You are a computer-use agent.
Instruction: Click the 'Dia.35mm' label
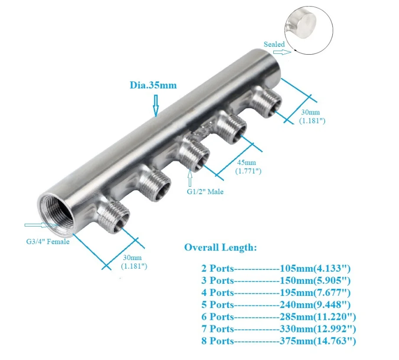coord(153,85)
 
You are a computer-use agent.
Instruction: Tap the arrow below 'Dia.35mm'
coord(156,105)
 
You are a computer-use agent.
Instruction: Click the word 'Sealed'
coord(274,44)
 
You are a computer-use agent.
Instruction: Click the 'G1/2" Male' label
coord(205,191)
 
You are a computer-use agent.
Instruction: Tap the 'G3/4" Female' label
coord(47,241)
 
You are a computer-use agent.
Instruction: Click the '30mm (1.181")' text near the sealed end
coord(312,117)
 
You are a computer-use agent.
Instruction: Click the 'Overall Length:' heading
coord(221,247)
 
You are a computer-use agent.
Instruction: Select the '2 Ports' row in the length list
coord(217,269)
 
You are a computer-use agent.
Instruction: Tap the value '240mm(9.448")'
coord(315,305)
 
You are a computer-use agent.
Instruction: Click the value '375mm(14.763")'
coord(317,341)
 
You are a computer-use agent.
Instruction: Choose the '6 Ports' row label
coord(217,317)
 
